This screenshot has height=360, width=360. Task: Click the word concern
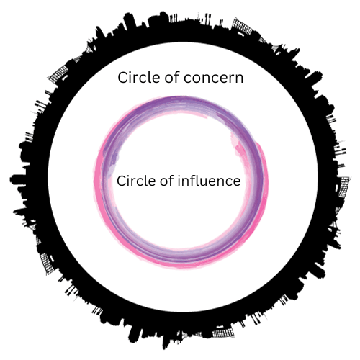click(x=213, y=78)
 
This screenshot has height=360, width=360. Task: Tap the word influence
click(x=209, y=181)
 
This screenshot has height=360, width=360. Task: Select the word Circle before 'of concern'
click(x=139, y=77)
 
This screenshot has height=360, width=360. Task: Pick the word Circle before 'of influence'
click(x=138, y=181)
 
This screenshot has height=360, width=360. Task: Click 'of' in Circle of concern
click(x=172, y=77)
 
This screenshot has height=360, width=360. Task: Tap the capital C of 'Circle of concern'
click(x=122, y=78)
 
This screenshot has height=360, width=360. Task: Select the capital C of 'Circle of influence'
click(x=122, y=181)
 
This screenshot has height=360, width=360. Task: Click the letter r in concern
click(x=230, y=79)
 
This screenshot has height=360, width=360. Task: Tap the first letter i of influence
click(x=179, y=181)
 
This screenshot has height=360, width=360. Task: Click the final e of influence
click(x=236, y=182)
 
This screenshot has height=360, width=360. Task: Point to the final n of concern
click(x=238, y=79)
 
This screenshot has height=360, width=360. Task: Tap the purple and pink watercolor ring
click(x=99, y=182)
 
